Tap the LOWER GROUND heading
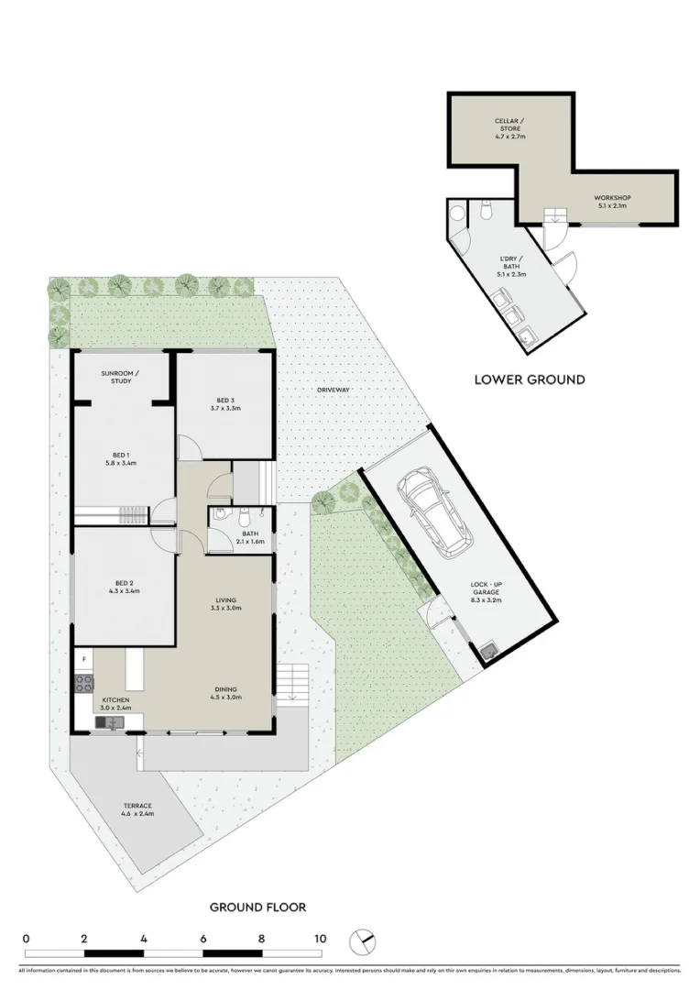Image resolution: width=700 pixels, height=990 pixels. point(529,379)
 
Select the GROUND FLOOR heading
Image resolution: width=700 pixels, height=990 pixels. point(257,907)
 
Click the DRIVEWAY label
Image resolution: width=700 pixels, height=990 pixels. point(334,390)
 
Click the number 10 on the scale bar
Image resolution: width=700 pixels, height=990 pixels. point(320,939)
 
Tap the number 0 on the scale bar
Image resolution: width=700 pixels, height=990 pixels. point(27,939)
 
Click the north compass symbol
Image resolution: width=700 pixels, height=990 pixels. point(364,941)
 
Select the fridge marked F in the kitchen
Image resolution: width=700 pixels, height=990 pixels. point(84,659)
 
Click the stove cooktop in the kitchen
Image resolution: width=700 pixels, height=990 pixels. point(83,683)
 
